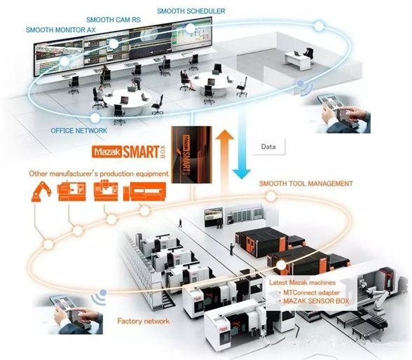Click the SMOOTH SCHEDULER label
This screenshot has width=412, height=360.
191,11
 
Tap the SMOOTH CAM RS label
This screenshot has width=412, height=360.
114,20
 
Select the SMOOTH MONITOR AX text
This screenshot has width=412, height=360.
61,30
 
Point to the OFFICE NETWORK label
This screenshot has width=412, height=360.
78,130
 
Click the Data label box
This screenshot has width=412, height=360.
268,146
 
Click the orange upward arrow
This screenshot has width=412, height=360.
225,162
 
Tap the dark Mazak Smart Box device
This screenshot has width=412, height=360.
191,154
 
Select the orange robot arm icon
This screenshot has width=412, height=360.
41,192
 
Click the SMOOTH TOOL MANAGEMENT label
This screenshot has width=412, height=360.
306,184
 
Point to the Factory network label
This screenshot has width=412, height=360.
144,321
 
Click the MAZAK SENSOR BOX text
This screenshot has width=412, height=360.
316,301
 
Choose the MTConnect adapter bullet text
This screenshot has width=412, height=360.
311,293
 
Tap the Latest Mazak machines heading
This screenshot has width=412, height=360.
303,282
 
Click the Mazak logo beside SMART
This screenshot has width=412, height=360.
107,152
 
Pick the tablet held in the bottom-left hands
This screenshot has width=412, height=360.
66,310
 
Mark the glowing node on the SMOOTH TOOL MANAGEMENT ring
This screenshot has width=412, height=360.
271,196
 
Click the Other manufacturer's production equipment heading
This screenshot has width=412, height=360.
99,174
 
